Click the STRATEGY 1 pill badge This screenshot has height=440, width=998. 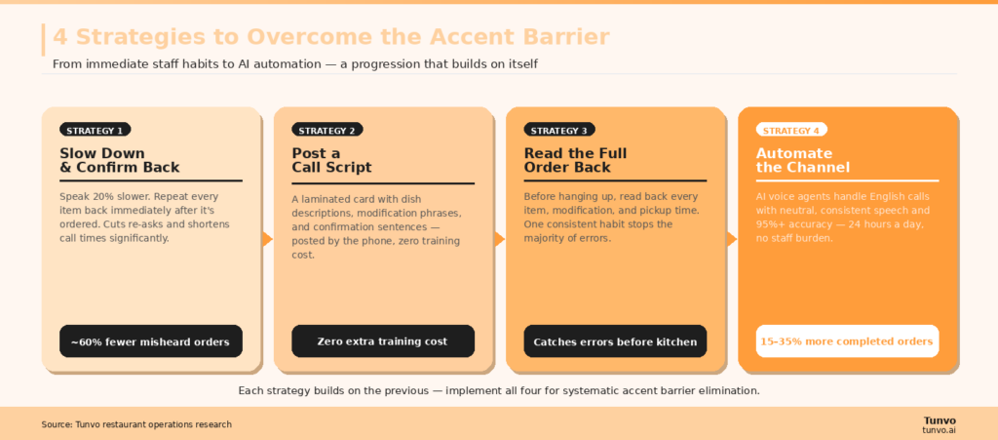pyautogui.click(x=95, y=130)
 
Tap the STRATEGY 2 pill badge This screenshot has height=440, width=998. pyautogui.click(x=327, y=130)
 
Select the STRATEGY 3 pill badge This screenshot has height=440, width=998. pyautogui.click(x=559, y=130)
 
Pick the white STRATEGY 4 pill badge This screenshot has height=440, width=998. pyautogui.click(x=791, y=130)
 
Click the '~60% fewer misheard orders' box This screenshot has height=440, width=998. pyautogui.click(x=150, y=341)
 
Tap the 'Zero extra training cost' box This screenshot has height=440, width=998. pyautogui.click(x=382, y=341)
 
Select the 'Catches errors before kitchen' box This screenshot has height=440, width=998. pyautogui.click(x=615, y=341)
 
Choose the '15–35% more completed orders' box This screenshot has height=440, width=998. pyautogui.click(x=847, y=341)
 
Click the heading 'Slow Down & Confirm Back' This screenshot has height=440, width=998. pyautogui.click(x=119, y=160)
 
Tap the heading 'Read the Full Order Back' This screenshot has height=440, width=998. pyautogui.click(x=575, y=160)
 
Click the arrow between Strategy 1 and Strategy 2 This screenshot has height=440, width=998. pyautogui.click(x=267, y=239)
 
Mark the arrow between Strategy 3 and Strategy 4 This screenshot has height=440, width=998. pyautogui.click(x=732, y=239)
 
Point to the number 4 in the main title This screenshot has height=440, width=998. pyautogui.click(x=60, y=37)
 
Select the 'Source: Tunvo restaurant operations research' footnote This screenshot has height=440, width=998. pyautogui.click(x=136, y=424)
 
